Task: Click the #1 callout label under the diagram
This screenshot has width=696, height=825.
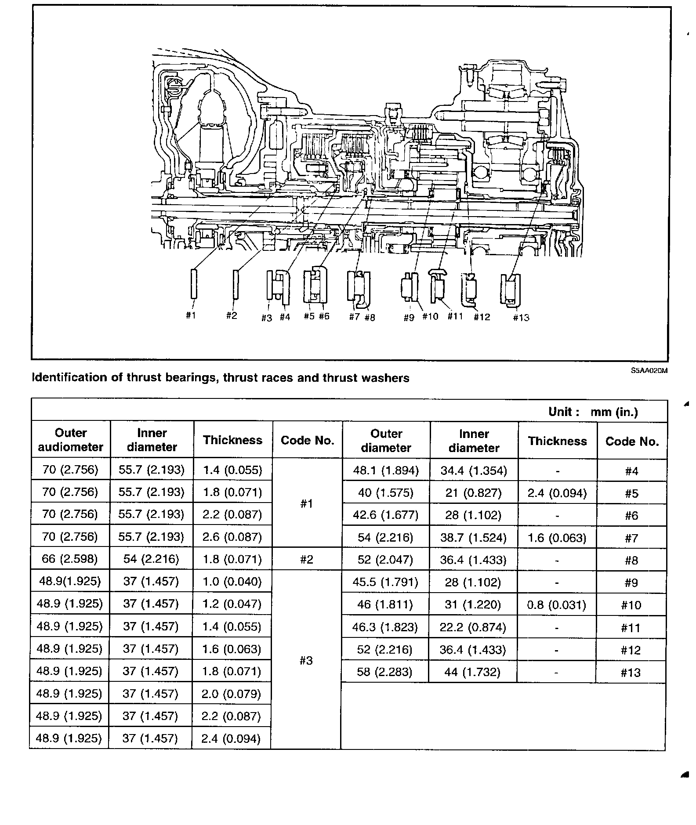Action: point(190,315)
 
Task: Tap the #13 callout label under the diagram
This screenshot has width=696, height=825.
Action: point(521,318)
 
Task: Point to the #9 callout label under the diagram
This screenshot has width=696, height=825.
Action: point(409,318)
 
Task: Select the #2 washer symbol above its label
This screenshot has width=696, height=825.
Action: point(236,285)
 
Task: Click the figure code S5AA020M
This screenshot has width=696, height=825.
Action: point(649,370)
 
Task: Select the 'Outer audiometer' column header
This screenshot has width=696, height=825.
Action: point(71,440)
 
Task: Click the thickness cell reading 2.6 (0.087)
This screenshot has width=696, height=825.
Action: point(232,537)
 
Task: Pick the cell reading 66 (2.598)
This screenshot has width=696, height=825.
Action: point(70,559)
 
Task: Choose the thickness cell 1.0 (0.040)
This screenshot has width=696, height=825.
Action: point(232,582)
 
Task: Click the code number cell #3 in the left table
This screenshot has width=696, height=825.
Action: point(306,661)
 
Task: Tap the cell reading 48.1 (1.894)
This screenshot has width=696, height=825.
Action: point(386,471)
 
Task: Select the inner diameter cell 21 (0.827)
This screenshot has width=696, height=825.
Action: point(474,493)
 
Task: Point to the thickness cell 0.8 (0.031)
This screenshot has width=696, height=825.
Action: point(557,605)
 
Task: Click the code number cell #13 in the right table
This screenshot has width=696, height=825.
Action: point(631,673)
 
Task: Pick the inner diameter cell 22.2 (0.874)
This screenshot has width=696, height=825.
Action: point(473,628)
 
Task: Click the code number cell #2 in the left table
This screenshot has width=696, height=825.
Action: point(307,559)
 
